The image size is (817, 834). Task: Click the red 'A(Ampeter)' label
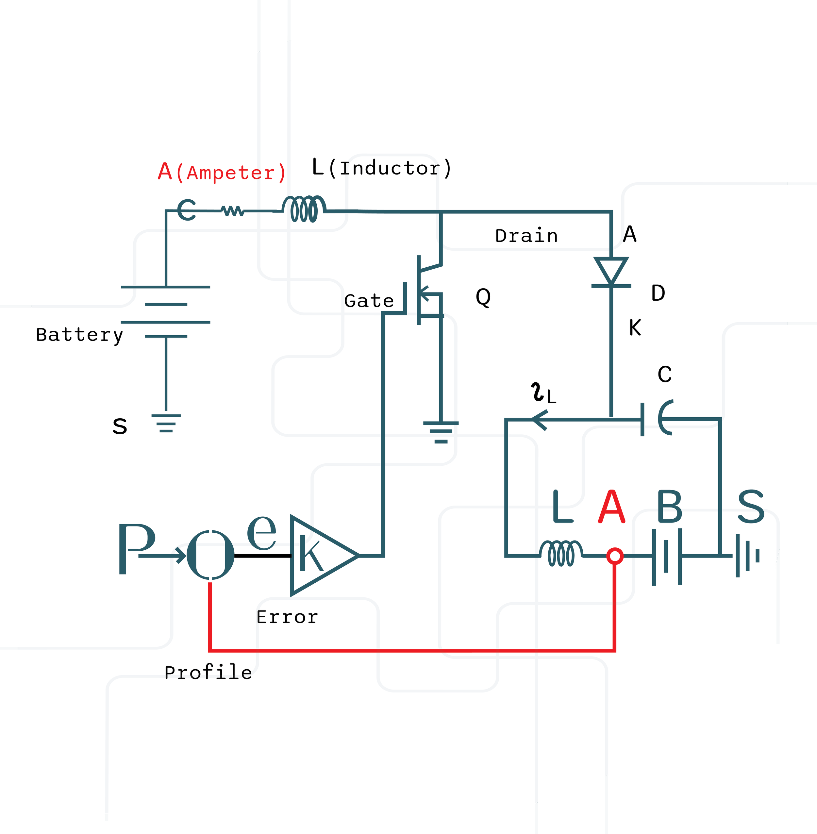(222, 172)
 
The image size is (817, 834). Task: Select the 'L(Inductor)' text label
(381, 167)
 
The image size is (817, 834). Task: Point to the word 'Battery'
(79, 335)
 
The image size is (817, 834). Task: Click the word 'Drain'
(526, 236)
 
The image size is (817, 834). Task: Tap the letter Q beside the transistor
(483, 297)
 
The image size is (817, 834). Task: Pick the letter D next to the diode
(658, 293)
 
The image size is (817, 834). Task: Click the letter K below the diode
(635, 327)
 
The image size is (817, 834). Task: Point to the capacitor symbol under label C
(657, 418)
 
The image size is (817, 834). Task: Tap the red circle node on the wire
(615, 556)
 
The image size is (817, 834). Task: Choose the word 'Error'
(287, 617)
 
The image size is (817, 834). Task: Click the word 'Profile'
(208, 672)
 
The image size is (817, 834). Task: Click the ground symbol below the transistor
(441, 432)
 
